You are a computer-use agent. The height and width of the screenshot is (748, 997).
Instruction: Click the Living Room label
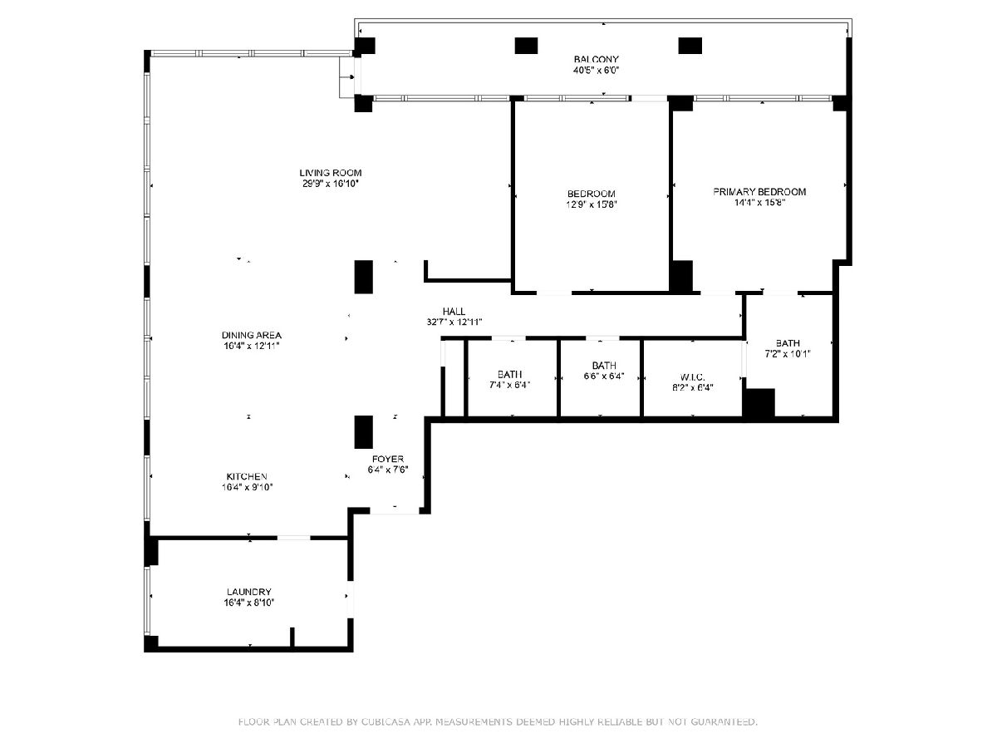(x=330, y=173)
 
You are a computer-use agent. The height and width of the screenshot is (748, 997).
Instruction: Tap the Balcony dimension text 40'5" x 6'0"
(x=596, y=70)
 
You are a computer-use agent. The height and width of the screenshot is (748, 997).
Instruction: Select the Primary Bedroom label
(x=759, y=192)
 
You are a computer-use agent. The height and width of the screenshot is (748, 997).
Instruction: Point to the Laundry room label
(x=249, y=592)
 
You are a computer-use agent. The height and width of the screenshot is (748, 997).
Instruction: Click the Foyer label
(x=388, y=459)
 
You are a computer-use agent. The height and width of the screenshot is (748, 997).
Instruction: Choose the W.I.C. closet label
(x=693, y=377)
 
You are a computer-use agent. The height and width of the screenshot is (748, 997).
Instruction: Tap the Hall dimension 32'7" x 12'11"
(x=454, y=322)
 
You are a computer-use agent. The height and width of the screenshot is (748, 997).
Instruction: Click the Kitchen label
(x=247, y=476)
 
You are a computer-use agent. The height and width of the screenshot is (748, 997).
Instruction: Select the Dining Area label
(x=252, y=335)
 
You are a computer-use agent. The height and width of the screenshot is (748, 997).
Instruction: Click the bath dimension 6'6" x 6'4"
(x=604, y=376)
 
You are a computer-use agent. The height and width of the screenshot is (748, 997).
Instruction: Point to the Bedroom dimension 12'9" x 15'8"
(x=591, y=204)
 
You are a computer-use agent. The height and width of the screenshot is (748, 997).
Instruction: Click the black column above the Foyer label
(x=363, y=432)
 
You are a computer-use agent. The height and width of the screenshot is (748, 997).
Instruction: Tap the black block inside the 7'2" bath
(x=759, y=403)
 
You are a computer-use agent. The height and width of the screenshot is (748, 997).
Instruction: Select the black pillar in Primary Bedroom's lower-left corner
(x=681, y=276)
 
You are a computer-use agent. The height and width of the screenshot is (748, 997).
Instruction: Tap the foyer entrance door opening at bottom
(x=395, y=511)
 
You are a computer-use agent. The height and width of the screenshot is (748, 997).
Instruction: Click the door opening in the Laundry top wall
(x=294, y=538)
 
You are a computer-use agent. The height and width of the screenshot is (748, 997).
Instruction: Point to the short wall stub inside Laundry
(x=292, y=637)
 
